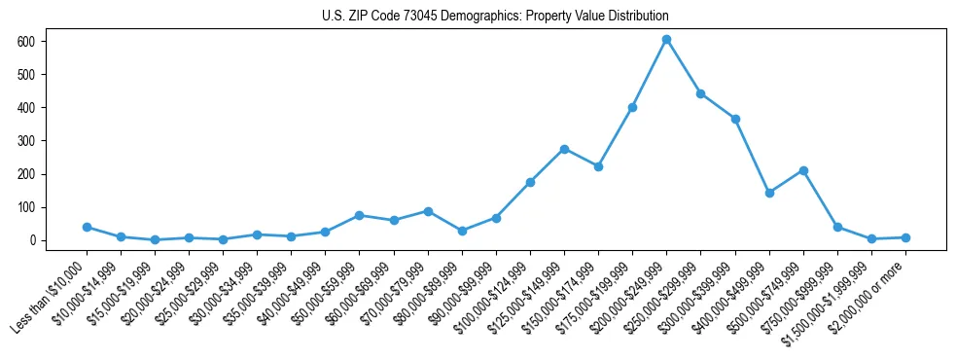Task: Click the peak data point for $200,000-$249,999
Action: [x=666, y=40]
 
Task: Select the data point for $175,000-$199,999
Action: [x=632, y=107]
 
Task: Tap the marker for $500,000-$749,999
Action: [x=803, y=170]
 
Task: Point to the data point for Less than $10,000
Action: [x=87, y=227]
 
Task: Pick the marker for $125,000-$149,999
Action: [x=564, y=149]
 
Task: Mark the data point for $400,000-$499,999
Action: [x=769, y=193]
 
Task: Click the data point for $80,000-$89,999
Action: [x=462, y=231]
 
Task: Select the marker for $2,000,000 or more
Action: [x=905, y=237]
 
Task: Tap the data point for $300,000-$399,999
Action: [x=735, y=119]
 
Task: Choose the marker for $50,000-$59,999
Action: [x=360, y=215]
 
